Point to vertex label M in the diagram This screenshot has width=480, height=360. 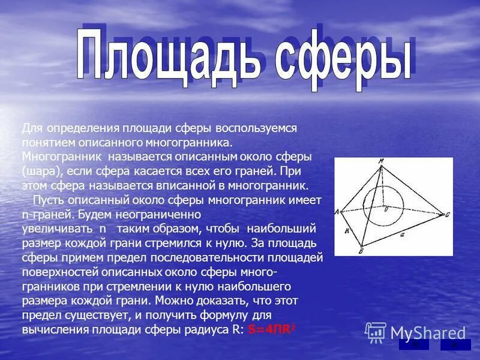coord(380,161)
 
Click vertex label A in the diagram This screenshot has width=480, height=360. coord(337,211)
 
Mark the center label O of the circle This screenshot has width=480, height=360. coord(386,209)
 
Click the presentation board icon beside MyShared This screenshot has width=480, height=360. coord(376,332)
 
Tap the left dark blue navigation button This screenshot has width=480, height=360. coord(413,344)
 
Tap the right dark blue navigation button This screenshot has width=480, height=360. coord(455,344)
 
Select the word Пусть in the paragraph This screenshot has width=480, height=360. coord(48,199)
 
